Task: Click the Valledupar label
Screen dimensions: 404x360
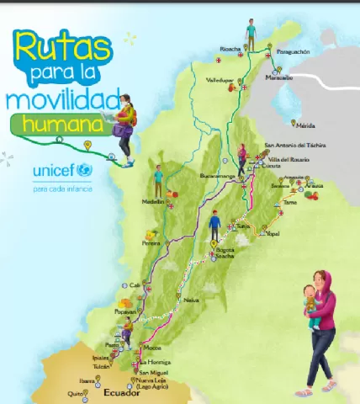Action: tap(220, 81)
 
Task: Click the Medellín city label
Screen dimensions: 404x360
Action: tap(153, 202)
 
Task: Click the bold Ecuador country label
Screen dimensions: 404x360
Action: tap(119, 392)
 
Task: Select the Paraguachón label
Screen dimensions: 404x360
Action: tap(294, 51)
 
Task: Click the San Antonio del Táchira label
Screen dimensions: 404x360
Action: tap(291, 144)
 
